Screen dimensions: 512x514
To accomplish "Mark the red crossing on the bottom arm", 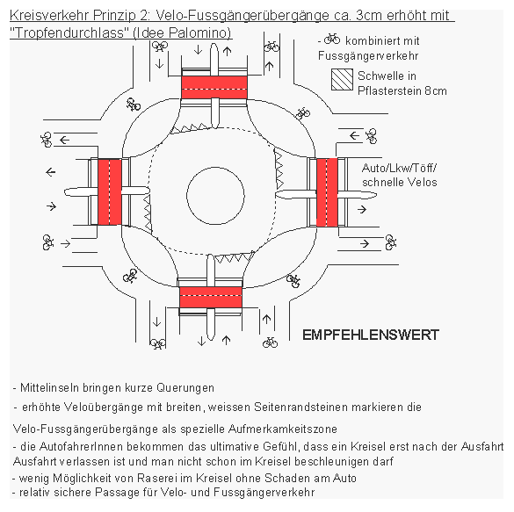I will (x=211, y=299).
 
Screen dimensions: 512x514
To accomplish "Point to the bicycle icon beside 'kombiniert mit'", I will (x=332, y=40).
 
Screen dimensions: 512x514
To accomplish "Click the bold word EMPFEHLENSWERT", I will (x=370, y=335).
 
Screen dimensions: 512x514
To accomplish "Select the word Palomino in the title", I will (x=201, y=32).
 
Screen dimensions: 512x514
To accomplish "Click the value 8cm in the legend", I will (x=436, y=90).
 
